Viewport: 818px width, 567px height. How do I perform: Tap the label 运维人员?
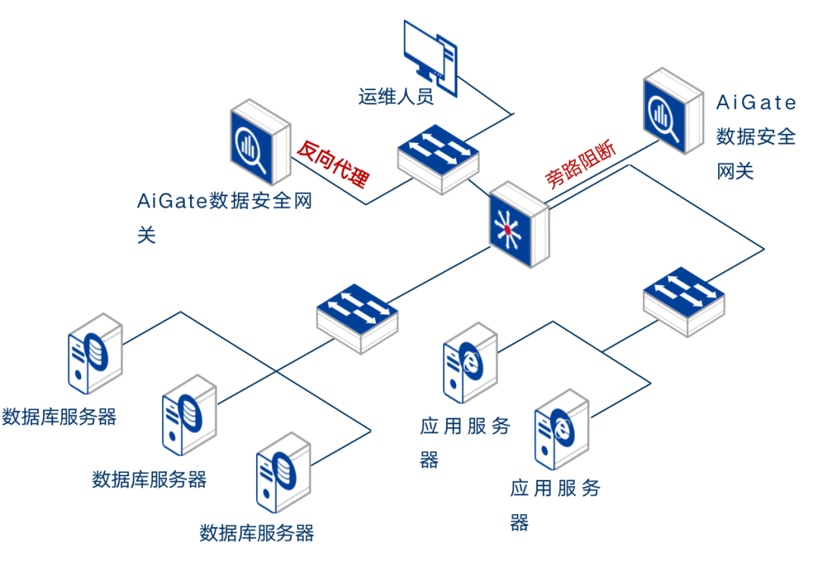[x=395, y=97]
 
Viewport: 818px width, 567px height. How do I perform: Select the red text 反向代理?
[x=334, y=164]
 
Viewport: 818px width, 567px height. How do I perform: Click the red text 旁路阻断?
[x=581, y=164]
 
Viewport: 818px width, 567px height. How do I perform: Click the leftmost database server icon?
[x=95, y=354]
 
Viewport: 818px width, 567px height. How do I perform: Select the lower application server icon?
[x=561, y=428]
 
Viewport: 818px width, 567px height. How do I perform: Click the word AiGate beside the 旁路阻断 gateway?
[x=756, y=102]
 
